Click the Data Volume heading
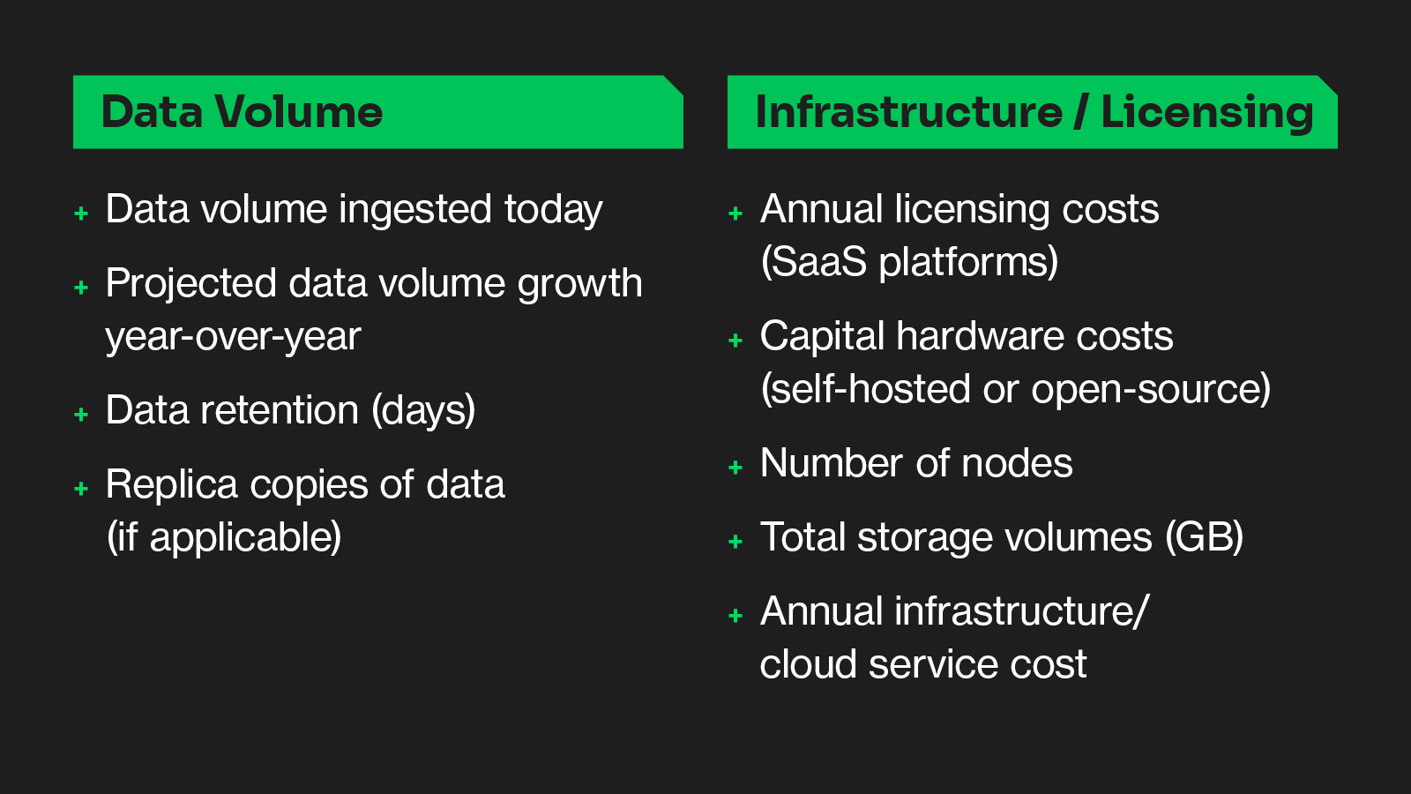click(x=242, y=112)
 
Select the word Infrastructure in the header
click(x=909, y=111)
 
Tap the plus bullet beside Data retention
click(x=81, y=414)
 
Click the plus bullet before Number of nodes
click(x=735, y=467)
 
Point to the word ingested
click(x=414, y=210)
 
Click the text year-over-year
click(x=233, y=337)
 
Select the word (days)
click(x=423, y=411)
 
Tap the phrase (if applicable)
click(x=224, y=537)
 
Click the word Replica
click(x=171, y=484)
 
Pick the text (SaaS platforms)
click(x=909, y=261)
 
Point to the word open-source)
click(x=1150, y=389)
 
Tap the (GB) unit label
click(x=1204, y=537)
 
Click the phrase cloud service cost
click(x=922, y=664)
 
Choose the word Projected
click(x=190, y=283)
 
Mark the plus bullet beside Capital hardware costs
click(x=735, y=341)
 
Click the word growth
click(x=579, y=284)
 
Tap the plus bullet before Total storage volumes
click(x=735, y=542)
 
